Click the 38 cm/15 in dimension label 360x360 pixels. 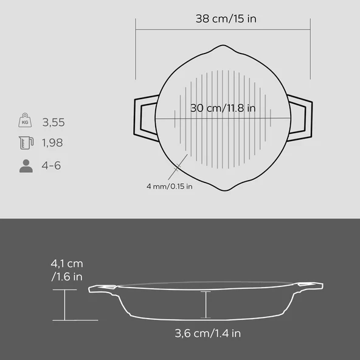[x=226, y=18]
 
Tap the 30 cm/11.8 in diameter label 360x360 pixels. [x=223, y=109]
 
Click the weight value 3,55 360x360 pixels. [x=54, y=122]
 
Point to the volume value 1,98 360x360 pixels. [x=53, y=144]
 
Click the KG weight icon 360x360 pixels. [x=25, y=121]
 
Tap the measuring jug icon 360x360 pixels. [x=25, y=144]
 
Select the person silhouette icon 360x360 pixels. [x=26, y=165]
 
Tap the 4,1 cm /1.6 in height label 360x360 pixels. [x=67, y=271]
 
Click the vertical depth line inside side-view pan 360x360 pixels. [x=207, y=305]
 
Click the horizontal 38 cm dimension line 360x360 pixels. [x=223, y=29]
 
